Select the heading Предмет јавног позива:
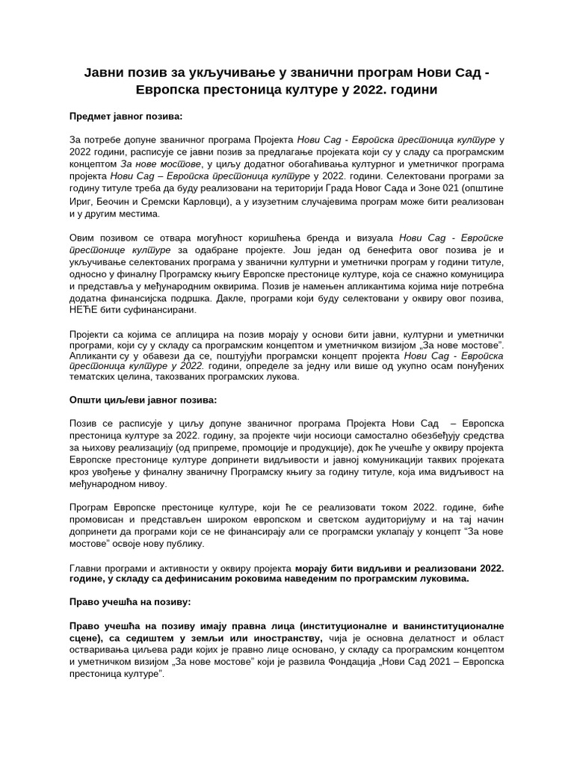pos(126,117)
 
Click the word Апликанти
pos(93,356)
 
